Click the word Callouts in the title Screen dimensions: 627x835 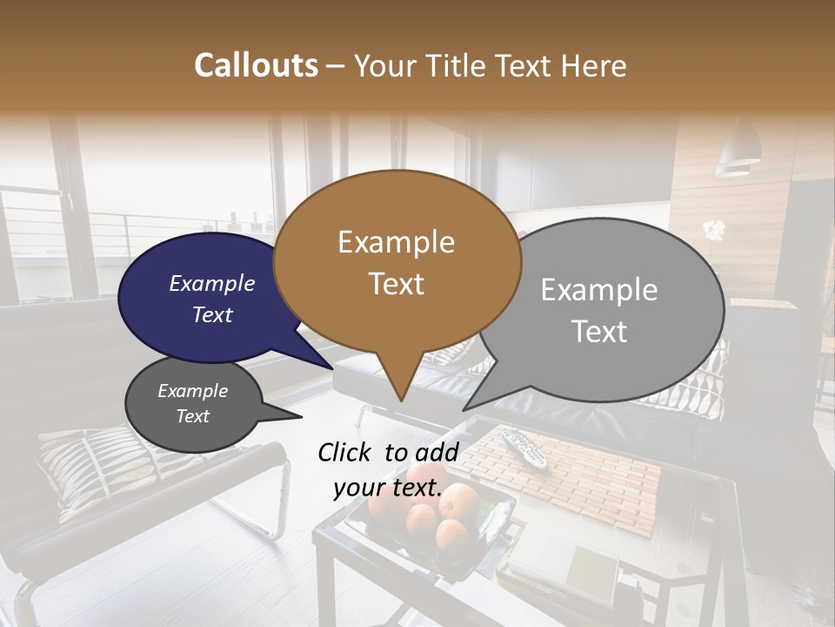click(x=256, y=65)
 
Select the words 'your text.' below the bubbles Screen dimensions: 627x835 click(x=388, y=488)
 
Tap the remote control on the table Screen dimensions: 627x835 click(x=523, y=445)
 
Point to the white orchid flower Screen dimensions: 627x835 click(x=714, y=231)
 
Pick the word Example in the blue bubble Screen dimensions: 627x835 click(x=212, y=283)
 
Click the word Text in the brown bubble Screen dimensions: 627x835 click(x=397, y=283)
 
